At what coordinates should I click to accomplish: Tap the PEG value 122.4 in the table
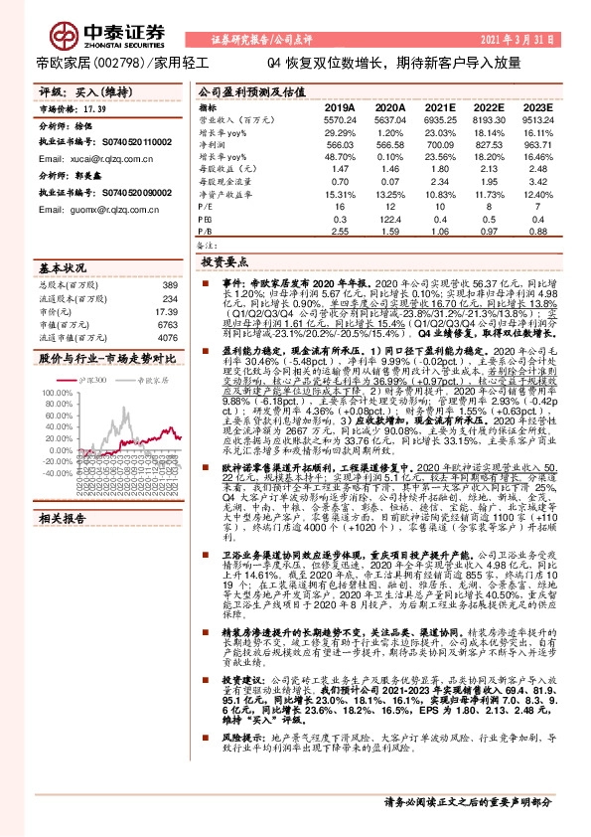tap(388, 217)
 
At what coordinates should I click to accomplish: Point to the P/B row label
tap(207, 230)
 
